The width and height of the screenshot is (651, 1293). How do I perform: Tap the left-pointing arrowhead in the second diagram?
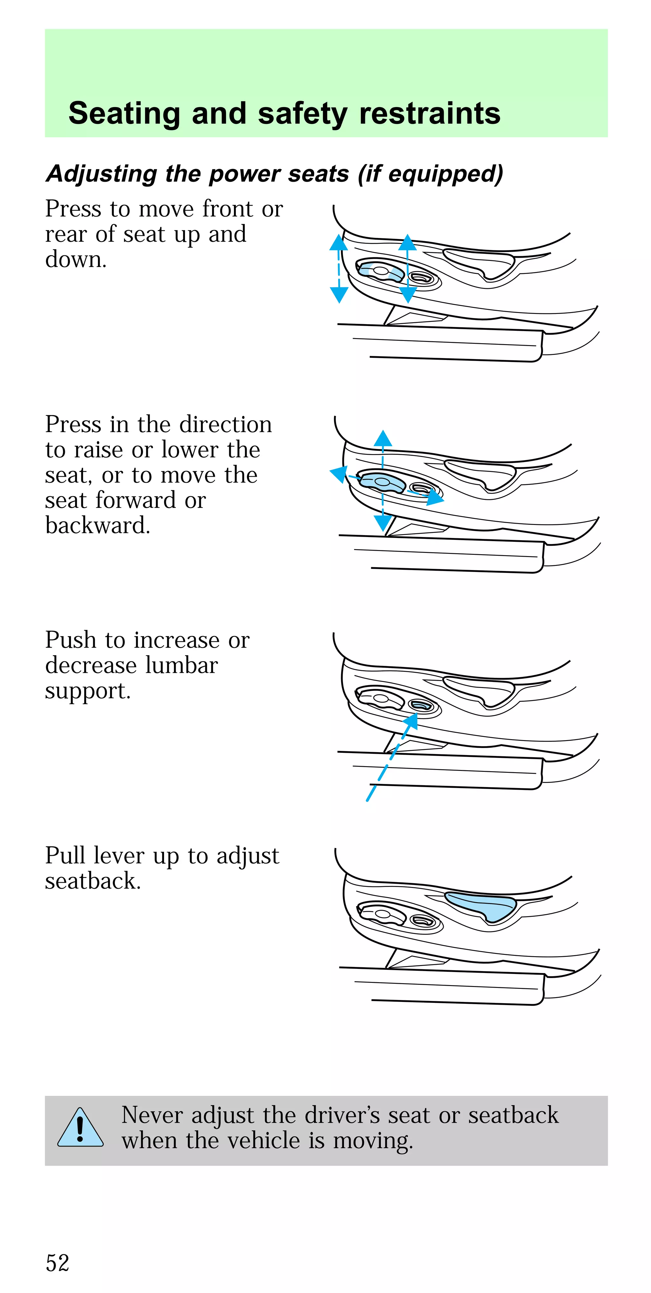pyautogui.click(x=338, y=473)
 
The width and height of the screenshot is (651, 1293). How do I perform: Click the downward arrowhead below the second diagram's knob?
pyautogui.click(x=383, y=523)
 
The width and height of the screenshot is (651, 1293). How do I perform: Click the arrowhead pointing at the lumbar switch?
pyautogui.click(x=411, y=720)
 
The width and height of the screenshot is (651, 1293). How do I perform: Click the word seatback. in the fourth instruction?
pyautogui.click(x=93, y=881)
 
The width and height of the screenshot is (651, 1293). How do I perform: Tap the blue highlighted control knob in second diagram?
pyautogui.click(x=382, y=482)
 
